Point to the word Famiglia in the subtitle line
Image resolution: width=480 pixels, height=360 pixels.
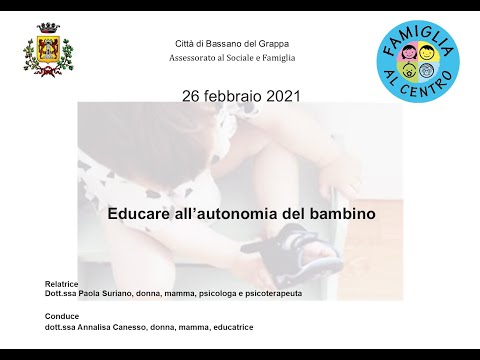click(x=275, y=57)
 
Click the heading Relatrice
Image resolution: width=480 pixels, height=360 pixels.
click(x=50, y=284)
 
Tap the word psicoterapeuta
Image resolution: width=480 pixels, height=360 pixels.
click(x=269, y=294)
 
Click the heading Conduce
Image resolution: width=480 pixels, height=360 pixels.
click(x=50, y=314)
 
